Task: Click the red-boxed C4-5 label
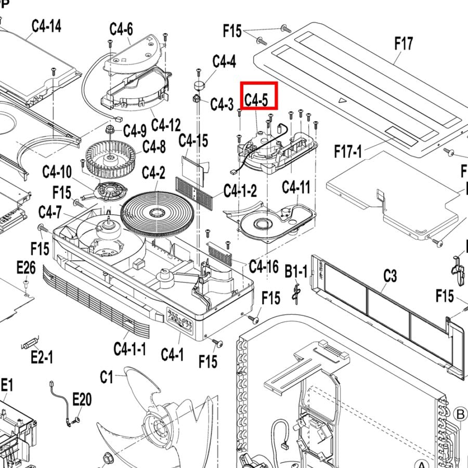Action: click(259, 96)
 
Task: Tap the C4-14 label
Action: click(46, 25)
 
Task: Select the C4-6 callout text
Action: click(121, 29)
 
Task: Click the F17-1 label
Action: click(348, 152)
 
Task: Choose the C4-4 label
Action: click(224, 61)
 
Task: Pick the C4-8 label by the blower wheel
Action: click(154, 147)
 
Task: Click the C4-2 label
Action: click(154, 172)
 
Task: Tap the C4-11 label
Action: click(296, 187)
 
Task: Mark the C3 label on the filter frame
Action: click(390, 276)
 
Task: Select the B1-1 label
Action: click(296, 270)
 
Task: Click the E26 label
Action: click(26, 268)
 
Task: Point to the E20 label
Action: click(82, 399)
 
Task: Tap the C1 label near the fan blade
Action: click(107, 376)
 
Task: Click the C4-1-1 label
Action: click(130, 348)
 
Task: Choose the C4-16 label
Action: click(264, 266)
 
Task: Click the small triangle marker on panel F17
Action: click(341, 100)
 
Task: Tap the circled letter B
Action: click(460, 414)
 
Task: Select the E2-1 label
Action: click(42, 357)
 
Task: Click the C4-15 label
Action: click(193, 140)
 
